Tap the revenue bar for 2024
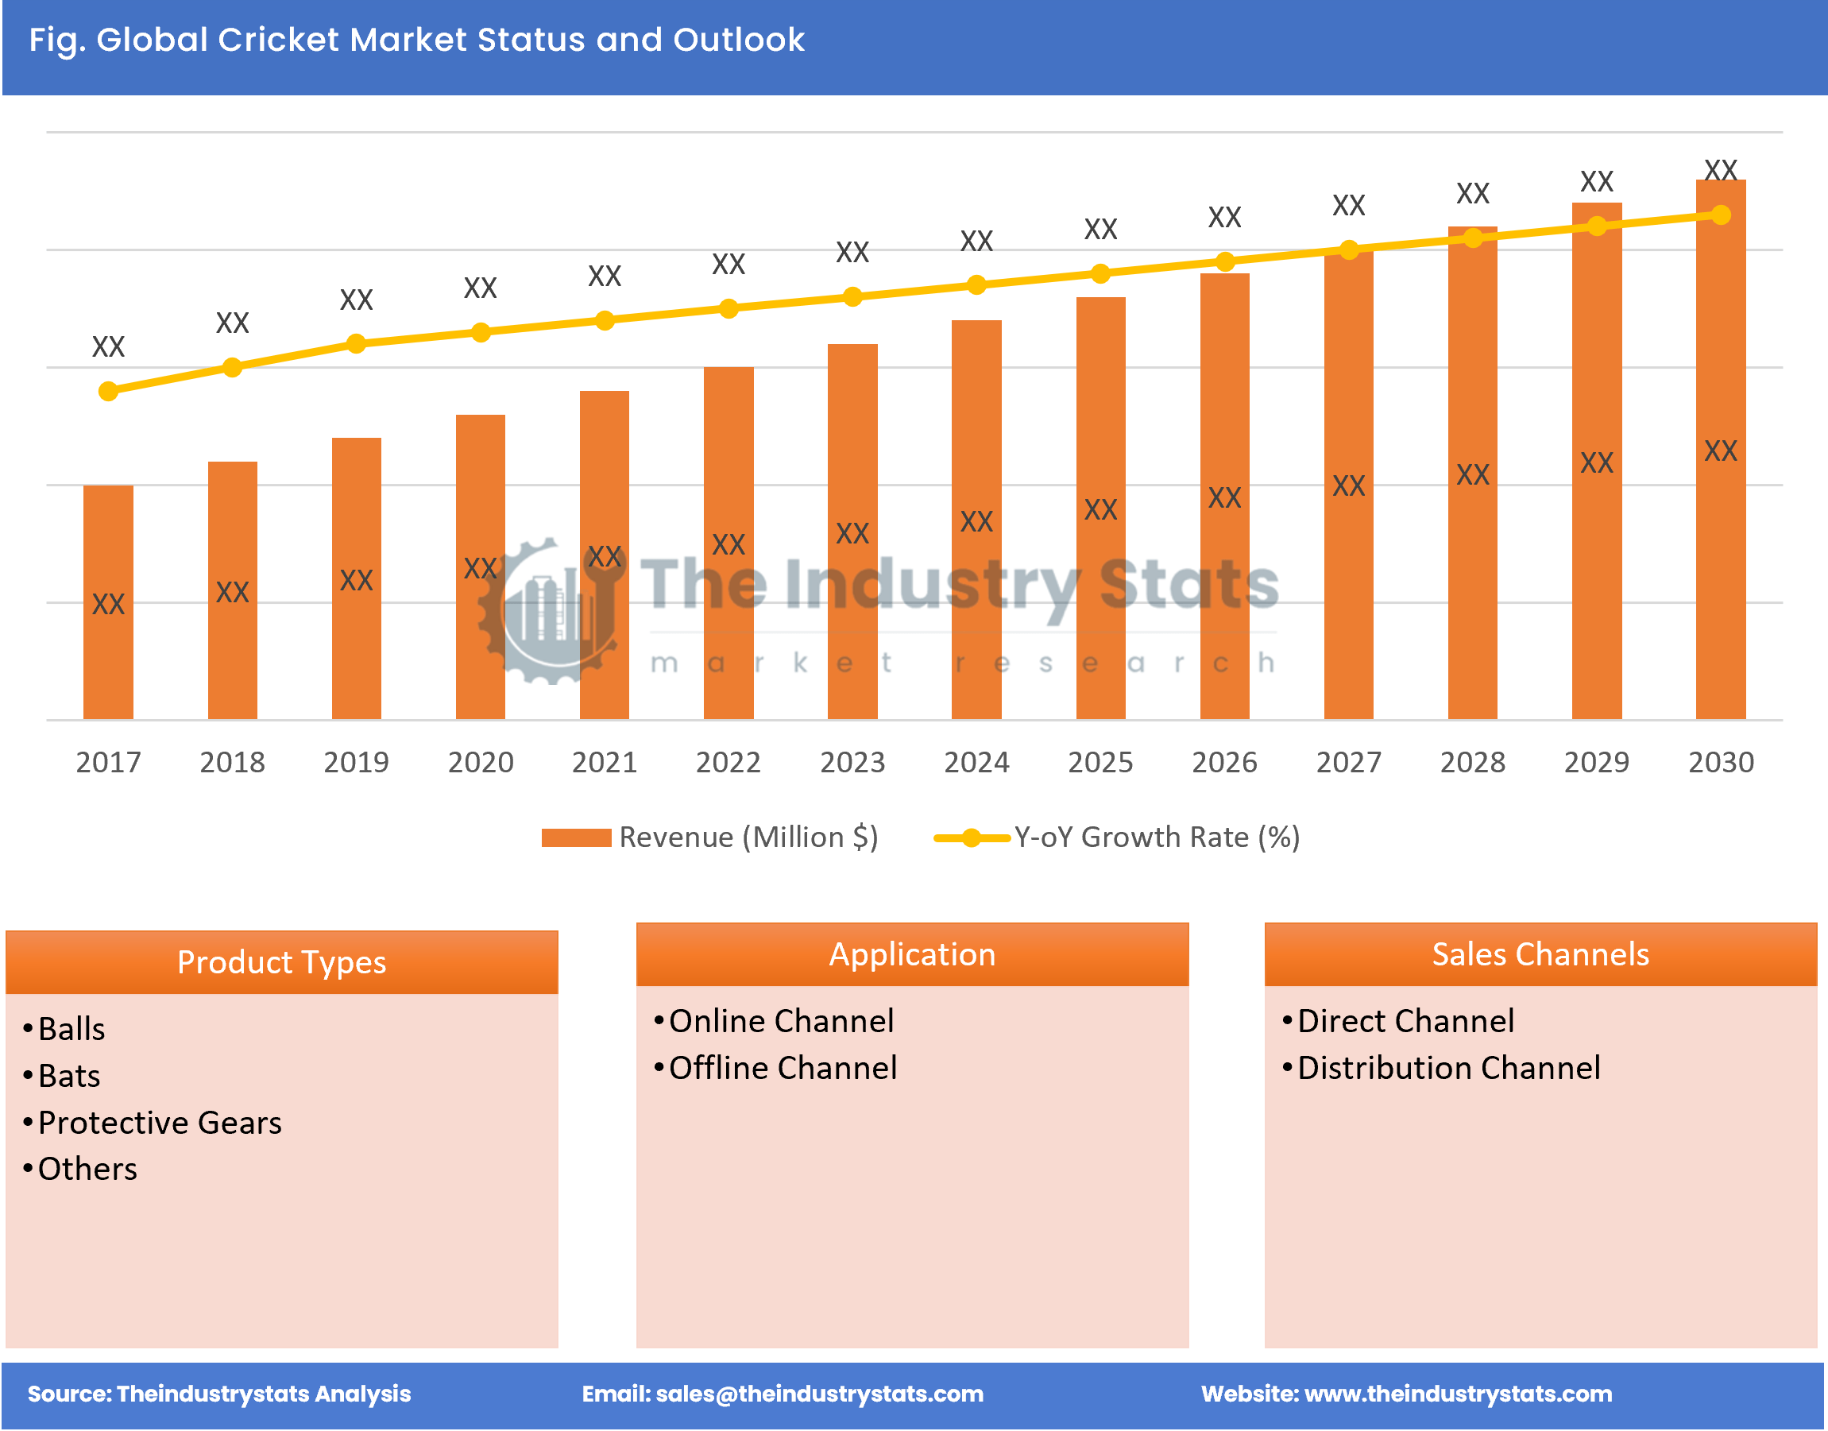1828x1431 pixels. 976,520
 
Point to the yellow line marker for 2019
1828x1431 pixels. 356,343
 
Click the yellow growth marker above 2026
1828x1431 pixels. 1224,262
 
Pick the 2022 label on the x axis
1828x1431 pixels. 728,761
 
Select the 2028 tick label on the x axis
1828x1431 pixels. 1472,761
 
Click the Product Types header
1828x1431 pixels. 281,962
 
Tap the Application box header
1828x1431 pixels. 911,954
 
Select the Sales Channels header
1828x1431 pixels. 1540,954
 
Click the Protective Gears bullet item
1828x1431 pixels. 159,1123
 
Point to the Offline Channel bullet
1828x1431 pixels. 783,1068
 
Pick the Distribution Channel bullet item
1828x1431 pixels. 1447,1068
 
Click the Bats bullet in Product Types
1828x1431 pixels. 68,1076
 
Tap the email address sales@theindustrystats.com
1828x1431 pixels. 818,1394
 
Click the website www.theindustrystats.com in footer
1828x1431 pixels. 1458,1394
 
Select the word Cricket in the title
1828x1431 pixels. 277,40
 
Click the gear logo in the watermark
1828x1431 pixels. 549,612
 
